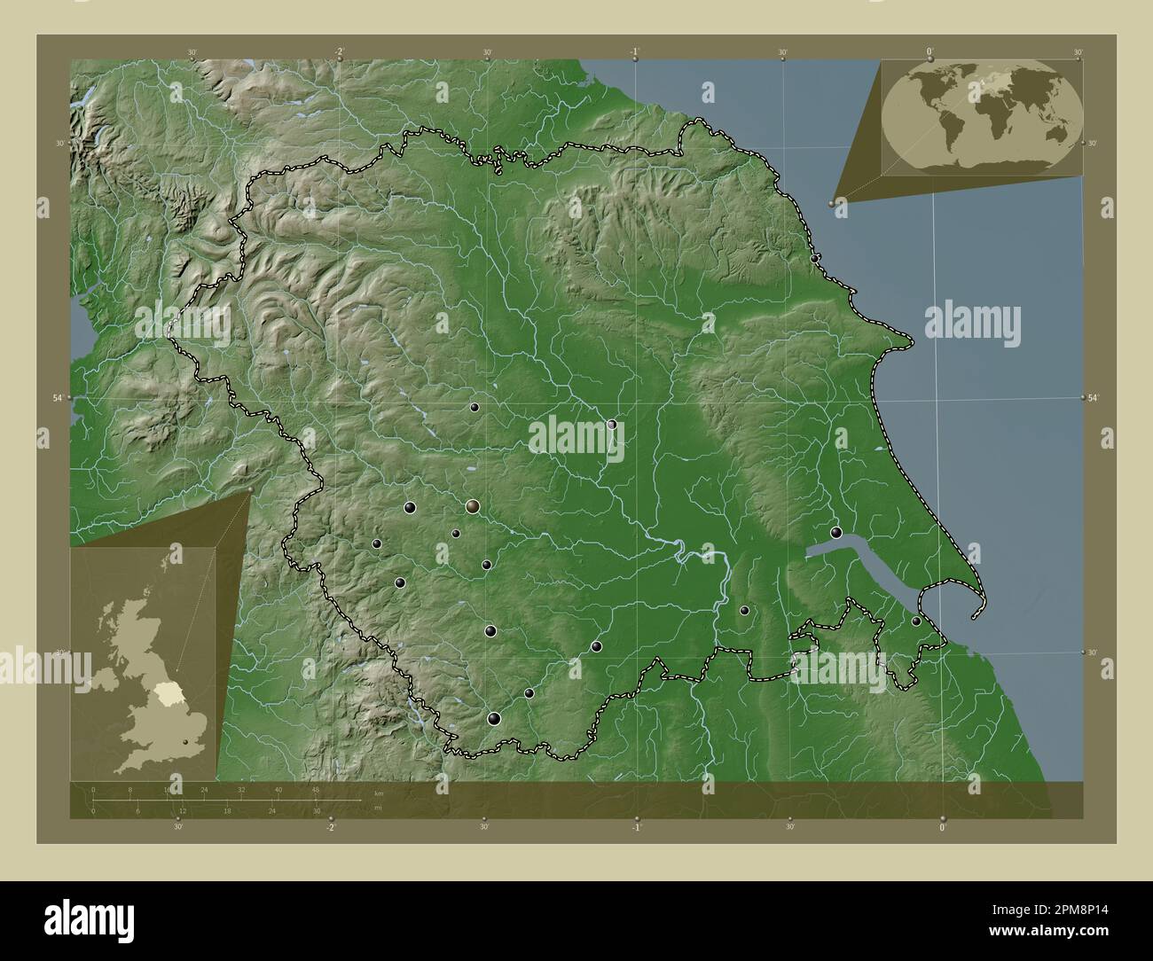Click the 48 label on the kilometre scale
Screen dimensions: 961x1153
coord(316,789)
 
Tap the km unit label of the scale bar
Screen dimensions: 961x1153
coord(379,793)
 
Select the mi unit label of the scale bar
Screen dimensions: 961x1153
coord(379,807)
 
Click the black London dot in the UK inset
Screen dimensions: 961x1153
coord(185,742)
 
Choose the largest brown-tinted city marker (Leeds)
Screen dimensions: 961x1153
coord(473,506)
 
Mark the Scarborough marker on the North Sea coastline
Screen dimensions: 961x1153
coord(815,258)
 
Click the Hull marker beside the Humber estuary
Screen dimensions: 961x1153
coord(836,532)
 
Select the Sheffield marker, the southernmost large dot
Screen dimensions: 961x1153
coord(494,718)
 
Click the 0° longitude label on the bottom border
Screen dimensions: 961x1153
coord(943,826)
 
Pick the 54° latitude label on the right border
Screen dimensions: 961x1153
coord(1094,398)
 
